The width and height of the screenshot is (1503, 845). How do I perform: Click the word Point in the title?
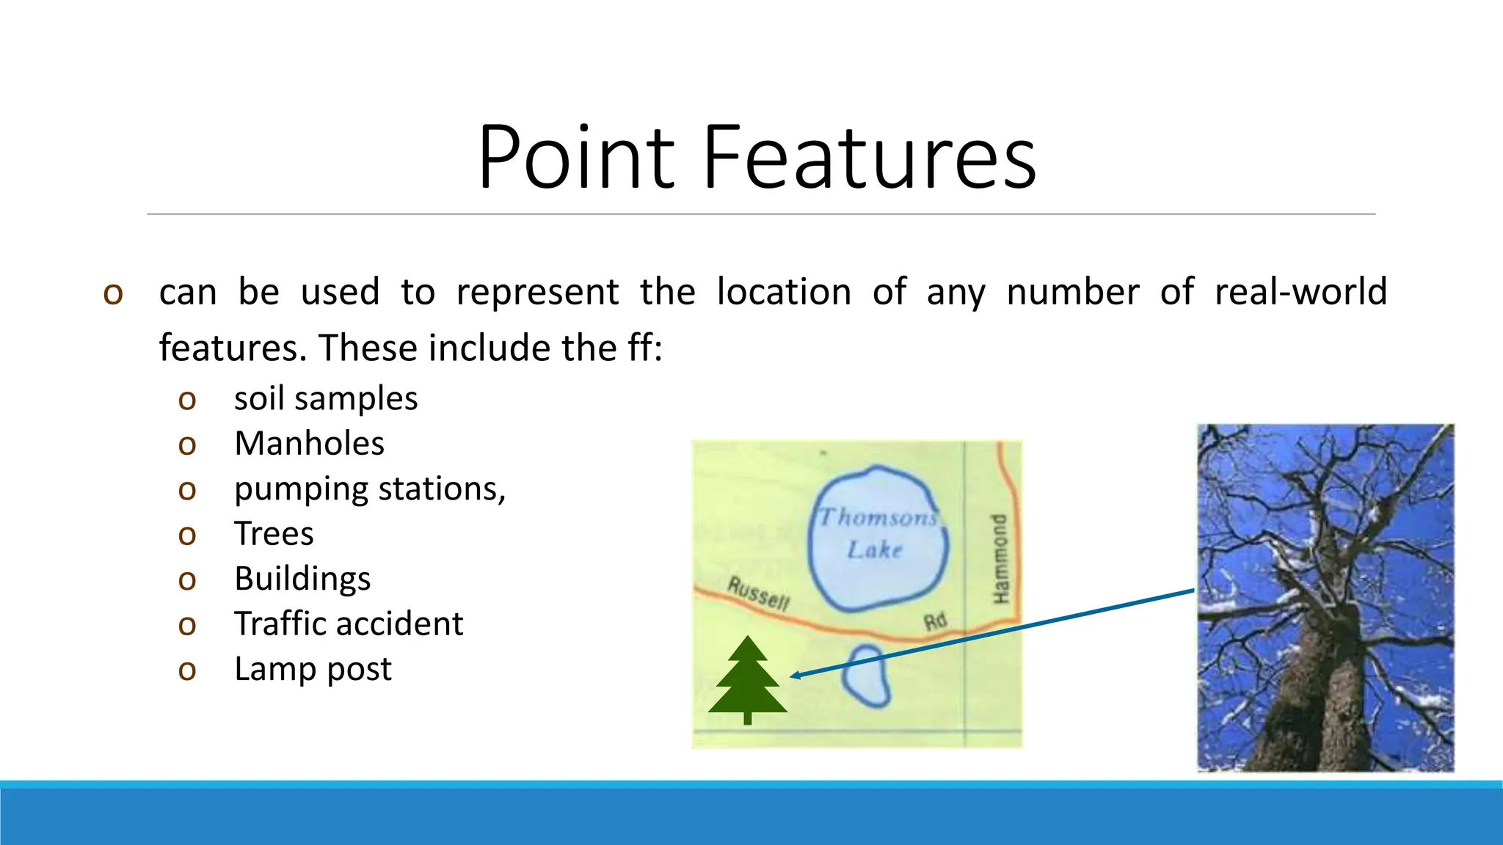point(576,158)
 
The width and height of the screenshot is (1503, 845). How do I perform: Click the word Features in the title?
point(870,158)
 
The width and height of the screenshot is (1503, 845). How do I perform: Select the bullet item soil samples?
point(326,399)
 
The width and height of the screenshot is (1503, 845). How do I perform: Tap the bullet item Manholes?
point(309,444)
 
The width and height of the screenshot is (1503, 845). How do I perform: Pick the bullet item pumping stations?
point(370,489)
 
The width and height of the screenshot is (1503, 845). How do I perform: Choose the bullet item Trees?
point(274,534)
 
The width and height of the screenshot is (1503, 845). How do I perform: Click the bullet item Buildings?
point(302,579)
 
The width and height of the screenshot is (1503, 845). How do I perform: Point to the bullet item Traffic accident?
point(349,624)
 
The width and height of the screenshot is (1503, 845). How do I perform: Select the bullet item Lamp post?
point(313,669)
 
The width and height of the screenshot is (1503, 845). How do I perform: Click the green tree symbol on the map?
point(747,678)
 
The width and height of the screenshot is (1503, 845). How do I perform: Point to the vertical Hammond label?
point(1000,559)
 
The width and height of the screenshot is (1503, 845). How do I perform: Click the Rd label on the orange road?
point(935,622)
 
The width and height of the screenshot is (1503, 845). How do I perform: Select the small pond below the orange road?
point(867,676)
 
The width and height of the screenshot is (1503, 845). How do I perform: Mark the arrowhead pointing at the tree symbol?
point(796,676)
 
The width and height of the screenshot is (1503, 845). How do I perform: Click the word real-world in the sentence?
point(1300,292)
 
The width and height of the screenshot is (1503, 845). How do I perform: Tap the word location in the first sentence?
point(783,292)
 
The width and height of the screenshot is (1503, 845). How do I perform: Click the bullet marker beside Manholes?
point(187,445)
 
